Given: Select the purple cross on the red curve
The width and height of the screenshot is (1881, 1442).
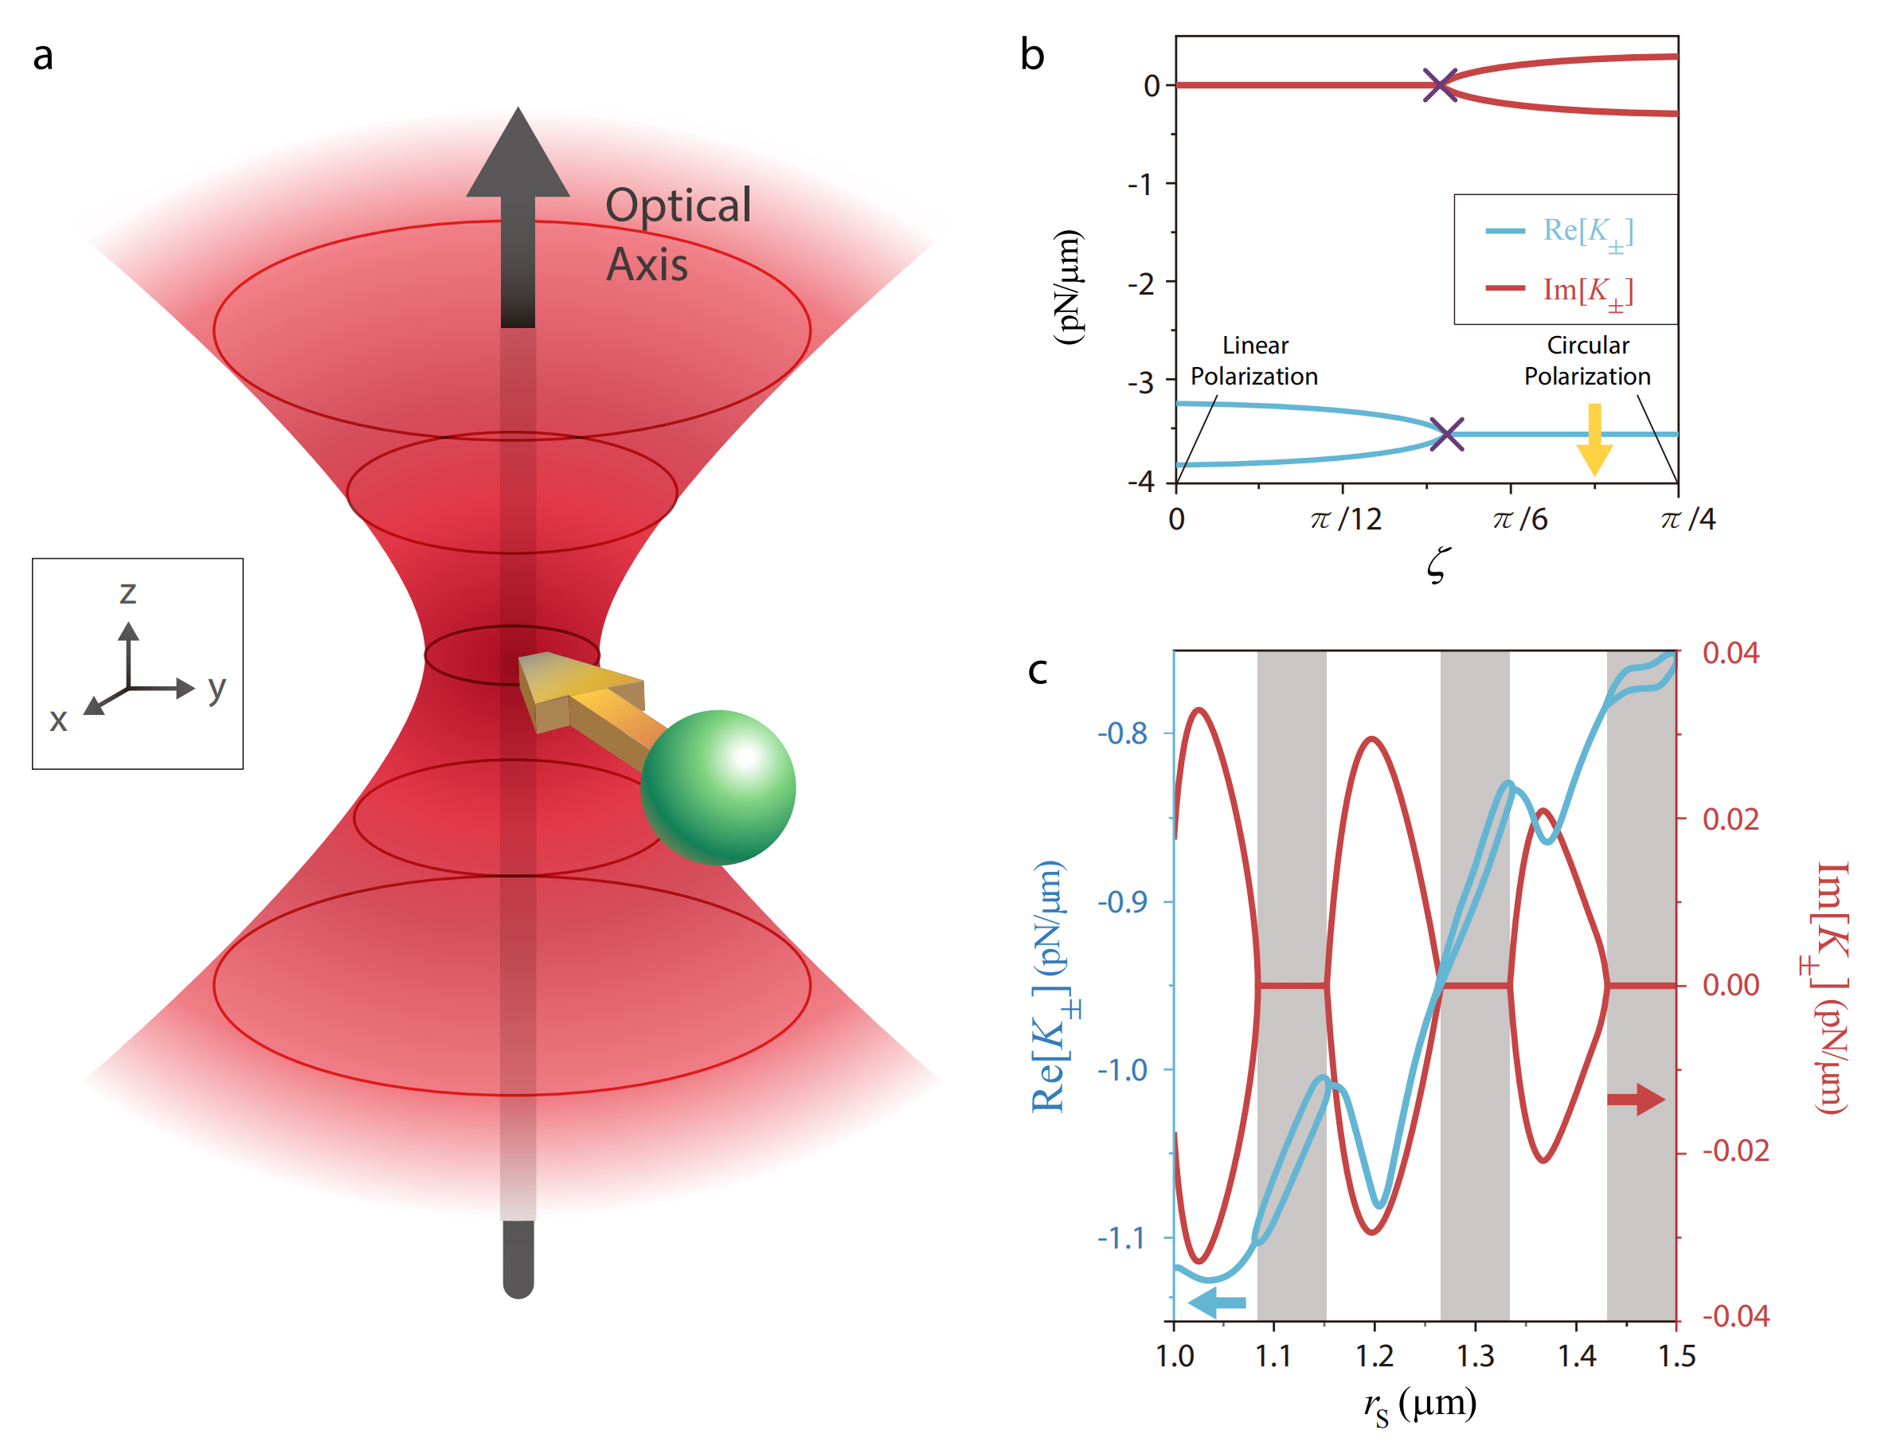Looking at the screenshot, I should pyautogui.click(x=1439, y=85).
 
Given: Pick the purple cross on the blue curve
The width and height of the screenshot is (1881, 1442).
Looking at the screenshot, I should pyautogui.click(x=1447, y=433).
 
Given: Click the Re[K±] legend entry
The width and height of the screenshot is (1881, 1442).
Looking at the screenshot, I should pyautogui.click(x=1559, y=232).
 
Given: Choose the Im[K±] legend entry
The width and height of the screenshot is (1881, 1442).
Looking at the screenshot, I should pyautogui.click(x=1559, y=290).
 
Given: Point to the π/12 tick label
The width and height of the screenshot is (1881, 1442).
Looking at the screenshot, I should pyautogui.click(x=1345, y=519).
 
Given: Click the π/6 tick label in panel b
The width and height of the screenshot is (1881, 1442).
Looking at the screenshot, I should pyautogui.click(x=1519, y=519).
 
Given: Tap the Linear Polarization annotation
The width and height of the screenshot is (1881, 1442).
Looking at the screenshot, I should pyautogui.click(x=1253, y=361).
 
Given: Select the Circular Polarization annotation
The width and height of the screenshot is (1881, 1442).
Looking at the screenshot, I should pyautogui.click(x=1586, y=361).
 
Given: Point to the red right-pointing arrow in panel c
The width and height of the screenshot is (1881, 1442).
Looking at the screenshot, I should pyautogui.click(x=1635, y=1099).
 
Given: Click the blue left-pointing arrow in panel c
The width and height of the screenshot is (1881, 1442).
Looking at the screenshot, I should pyautogui.click(x=1217, y=1303).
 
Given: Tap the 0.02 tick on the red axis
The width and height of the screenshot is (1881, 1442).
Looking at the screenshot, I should pyautogui.click(x=1730, y=819).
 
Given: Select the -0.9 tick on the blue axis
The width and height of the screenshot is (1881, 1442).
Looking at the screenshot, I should pyautogui.click(x=1122, y=902).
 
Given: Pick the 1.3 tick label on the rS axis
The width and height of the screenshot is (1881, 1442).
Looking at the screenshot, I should pyautogui.click(x=1475, y=1356).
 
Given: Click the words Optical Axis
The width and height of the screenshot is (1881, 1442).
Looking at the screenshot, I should pyautogui.click(x=678, y=233).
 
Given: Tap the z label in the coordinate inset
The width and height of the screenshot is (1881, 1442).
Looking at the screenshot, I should pyautogui.click(x=128, y=592).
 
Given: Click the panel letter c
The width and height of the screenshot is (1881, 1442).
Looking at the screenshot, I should pyautogui.click(x=1037, y=670).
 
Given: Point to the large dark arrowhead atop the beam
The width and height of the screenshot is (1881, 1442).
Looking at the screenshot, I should pyautogui.click(x=518, y=154).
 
